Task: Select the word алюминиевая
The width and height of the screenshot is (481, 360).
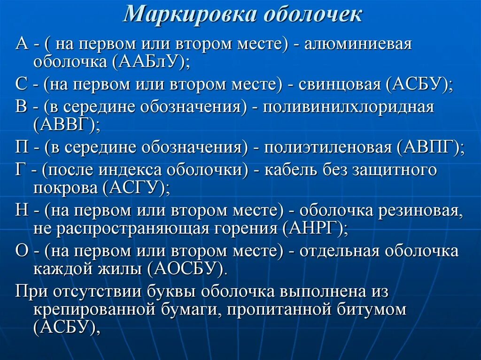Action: (x=358, y=45)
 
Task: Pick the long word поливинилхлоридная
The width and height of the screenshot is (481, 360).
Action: (x=348, y=107)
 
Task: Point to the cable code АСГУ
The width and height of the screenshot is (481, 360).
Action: (x=134, y=188)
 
